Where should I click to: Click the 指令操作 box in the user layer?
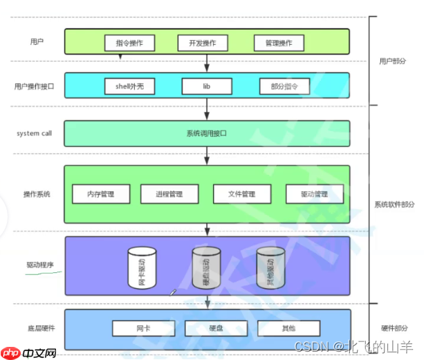129,43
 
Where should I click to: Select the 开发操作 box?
202,43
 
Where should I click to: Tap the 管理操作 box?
278,43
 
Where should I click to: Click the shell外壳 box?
129,86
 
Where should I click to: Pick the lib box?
206,86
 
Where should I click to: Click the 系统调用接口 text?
207,133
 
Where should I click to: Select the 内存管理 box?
101,194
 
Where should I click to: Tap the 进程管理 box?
169,194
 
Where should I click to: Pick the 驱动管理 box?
314,194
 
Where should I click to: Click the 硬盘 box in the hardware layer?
216,328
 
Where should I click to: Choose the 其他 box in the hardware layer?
288,328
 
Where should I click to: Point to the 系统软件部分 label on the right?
395,205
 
